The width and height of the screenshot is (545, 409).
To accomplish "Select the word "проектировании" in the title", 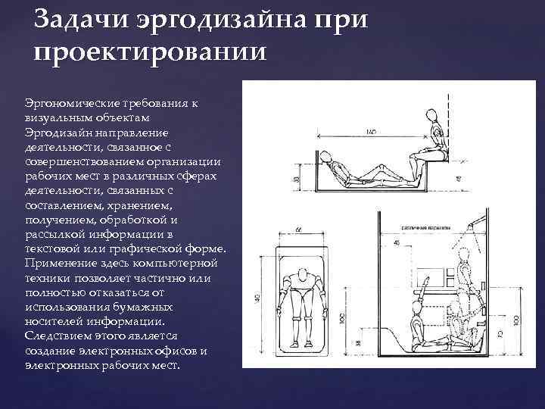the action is (151, 55).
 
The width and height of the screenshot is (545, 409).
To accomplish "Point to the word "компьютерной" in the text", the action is (181, 263).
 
